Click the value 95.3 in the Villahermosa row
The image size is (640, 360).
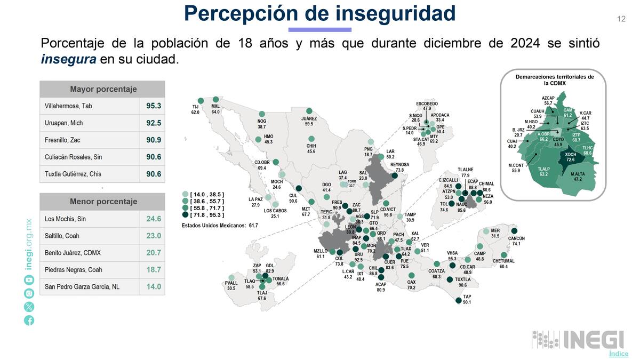(x=153, y=106)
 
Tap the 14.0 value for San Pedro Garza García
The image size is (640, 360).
(x=153, y=287)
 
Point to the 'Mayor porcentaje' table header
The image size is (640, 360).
(x=103, y=89)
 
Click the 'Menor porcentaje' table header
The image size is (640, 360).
(x=103, y=202)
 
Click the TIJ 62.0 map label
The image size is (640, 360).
(x=195, y=109)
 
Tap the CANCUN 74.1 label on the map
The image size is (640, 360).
(x=516, y=241)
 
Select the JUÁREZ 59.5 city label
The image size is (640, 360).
(x=309, y=121)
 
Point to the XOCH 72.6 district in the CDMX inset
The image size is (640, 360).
(x=570, y=157)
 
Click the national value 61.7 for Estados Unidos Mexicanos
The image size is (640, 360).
(x=253, y=226)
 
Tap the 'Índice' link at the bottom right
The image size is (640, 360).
(x=618, y=354)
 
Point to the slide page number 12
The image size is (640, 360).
(x=621, y=19)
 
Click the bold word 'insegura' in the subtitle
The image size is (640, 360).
(x=68, y=59)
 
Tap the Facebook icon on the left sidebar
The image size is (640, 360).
(x=29, y=320)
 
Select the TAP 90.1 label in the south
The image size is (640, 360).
(x=467, y=299)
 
